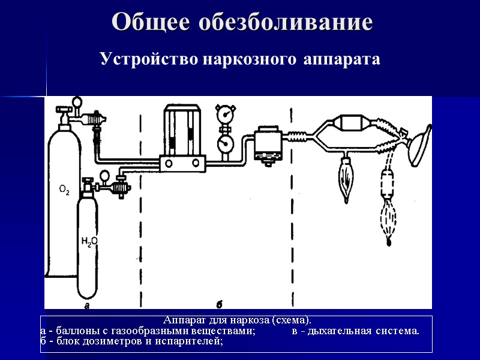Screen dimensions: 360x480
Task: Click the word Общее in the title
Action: [x=151, y=22]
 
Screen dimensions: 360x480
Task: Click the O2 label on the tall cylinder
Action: [x=64, y=191]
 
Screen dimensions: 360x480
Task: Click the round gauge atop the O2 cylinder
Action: [x=77, y=103]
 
